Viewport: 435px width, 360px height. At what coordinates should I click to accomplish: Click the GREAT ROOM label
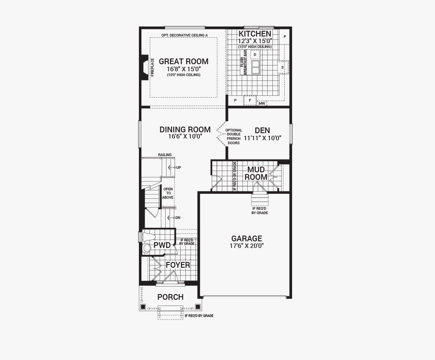click(183, 62)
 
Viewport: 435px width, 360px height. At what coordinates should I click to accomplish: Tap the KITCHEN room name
click(255, 33)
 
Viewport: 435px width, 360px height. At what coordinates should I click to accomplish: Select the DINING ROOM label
click(185, 130)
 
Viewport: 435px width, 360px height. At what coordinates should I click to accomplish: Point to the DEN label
click(262, 131)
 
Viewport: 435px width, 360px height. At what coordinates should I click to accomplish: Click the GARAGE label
click(246, 238)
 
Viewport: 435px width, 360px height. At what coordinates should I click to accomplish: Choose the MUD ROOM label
click(256, 173)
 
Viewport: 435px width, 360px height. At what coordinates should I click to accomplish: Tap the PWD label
click(162, 245)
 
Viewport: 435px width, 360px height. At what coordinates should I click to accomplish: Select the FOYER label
click(178, 265)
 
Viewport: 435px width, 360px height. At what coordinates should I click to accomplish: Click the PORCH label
click(170, 297)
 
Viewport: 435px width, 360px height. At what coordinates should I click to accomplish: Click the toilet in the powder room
click(149, 237)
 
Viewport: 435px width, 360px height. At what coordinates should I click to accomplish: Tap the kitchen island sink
click(255, 67)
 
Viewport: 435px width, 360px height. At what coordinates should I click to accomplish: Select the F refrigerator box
click(250, 100)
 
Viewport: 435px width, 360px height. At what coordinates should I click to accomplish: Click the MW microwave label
click(262, 104)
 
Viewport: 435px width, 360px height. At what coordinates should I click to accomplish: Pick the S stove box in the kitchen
click(283, 67)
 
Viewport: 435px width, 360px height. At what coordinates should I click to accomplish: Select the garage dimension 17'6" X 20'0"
click(246, 246)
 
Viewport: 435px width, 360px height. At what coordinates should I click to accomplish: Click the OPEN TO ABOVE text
click(168, 193)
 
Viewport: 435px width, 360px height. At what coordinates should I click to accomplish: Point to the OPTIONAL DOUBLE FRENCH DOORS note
click(234, 137)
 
